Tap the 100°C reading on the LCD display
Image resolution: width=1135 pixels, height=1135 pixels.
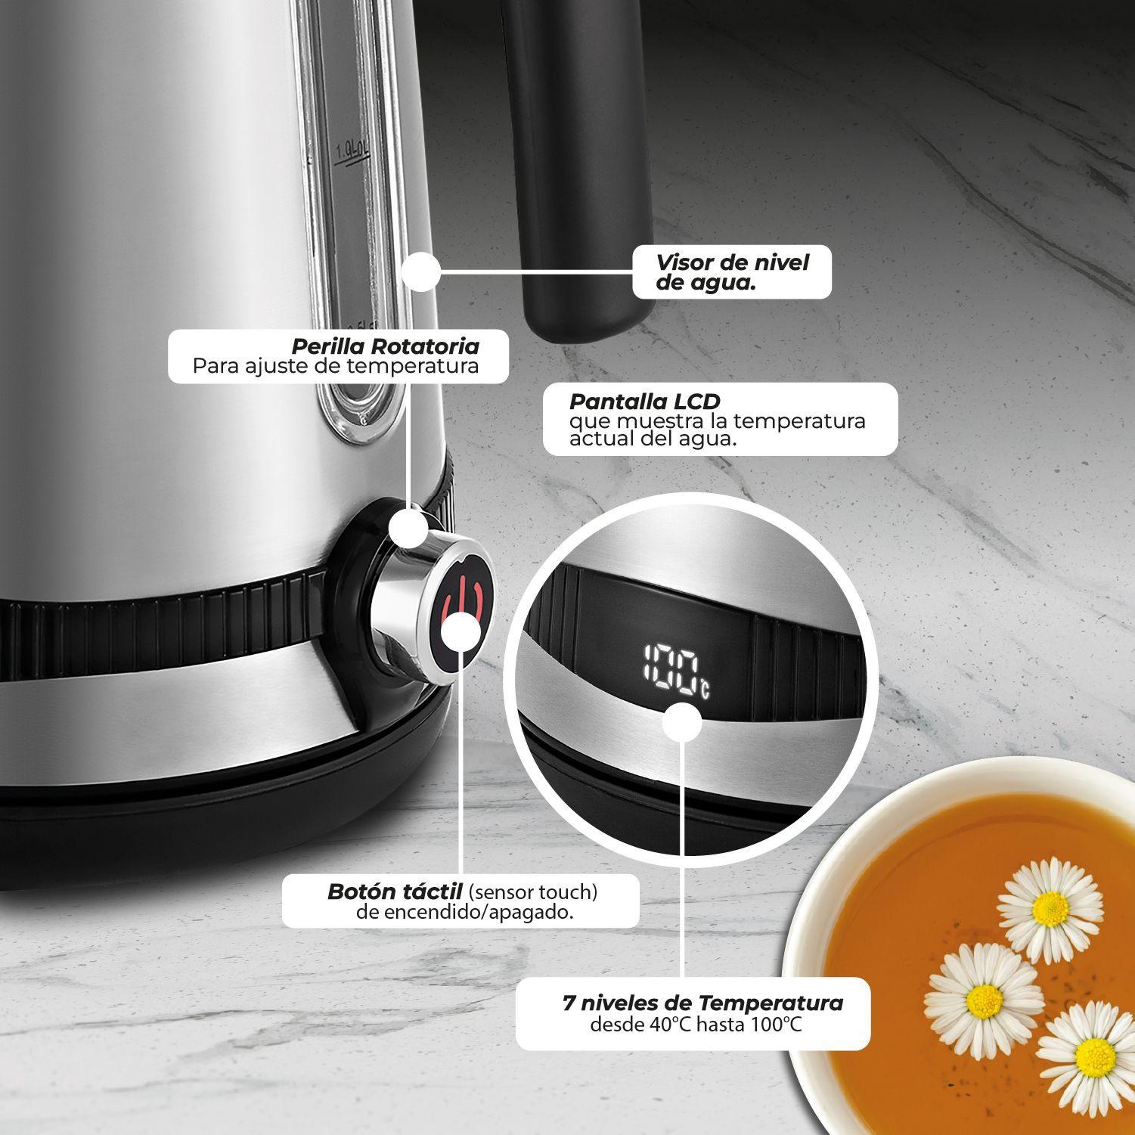coord(675,668)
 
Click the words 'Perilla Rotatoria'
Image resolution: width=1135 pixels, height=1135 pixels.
coord(386,346)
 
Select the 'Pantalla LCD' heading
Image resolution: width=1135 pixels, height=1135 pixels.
coord(645,401)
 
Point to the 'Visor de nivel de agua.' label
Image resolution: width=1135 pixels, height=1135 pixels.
coord(731,272)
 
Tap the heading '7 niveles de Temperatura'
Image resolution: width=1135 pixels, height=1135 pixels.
coord(702,1003)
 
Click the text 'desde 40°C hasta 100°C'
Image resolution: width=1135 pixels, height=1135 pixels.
coord(696,1025)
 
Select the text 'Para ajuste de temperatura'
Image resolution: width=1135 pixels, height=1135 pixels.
coord(336,366)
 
